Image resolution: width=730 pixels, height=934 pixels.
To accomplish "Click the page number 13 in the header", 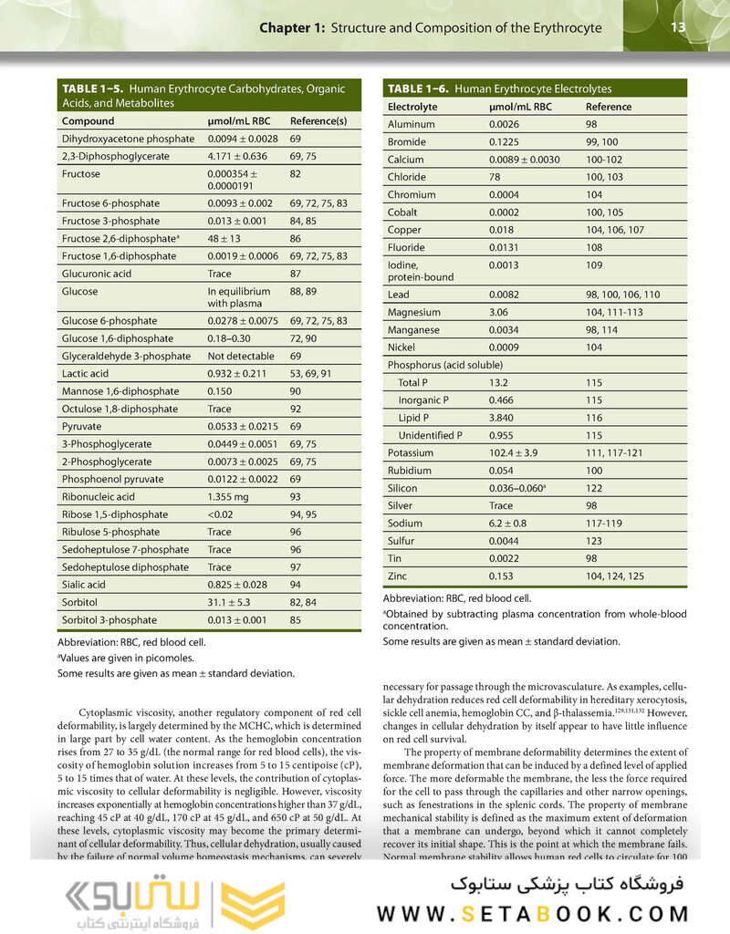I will [x=678, y=27].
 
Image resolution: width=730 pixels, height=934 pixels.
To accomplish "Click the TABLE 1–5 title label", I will [x=93, y=89].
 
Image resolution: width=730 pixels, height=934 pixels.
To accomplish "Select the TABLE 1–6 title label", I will [x=419, y=88].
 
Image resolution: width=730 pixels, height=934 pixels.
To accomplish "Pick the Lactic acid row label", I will [x=87, y=373].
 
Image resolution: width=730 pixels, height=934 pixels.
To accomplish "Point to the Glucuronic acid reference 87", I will [x=296, y=274].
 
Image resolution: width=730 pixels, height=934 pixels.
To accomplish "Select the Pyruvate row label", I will [x=82, y=426].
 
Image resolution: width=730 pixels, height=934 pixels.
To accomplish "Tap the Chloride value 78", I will [x=495, y=177].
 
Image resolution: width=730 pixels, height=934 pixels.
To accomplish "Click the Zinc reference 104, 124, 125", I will [x=616, y=576].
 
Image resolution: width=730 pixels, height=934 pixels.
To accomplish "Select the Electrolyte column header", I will [x=412, y=107].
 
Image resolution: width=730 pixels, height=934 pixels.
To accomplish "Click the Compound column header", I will [x=89, y=121].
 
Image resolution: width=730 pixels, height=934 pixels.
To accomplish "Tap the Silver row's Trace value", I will [x=501, y=505].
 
